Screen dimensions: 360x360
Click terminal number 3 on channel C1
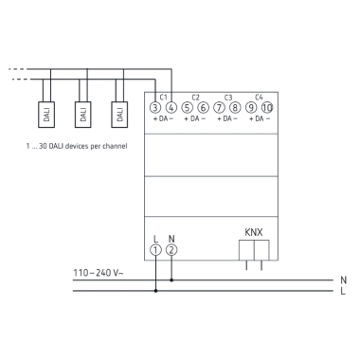click(x=155, y=107)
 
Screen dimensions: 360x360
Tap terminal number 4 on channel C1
click(x=171, y=107)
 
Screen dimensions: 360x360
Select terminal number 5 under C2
click(x=188, y=107)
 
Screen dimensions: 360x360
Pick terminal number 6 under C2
click(x=203, y=107)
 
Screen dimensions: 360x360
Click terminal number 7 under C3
click(x=220, y=107)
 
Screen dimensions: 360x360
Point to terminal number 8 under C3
click(x=235, y=107)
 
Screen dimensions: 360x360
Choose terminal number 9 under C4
click(x=251, y=107)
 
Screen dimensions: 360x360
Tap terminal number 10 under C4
click(x=267, y=107)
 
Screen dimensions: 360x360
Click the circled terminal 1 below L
click(x=155, y=250)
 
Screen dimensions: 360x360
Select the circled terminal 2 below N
click(x=171, y=250)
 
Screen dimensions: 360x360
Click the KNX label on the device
click(x=254, y=230)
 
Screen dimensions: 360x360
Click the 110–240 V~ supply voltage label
click(x=99, y=273)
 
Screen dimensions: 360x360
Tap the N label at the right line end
click(x=343, y=280)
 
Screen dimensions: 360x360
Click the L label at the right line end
click(x=343, y=292)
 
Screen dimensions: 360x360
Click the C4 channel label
click(x=259, y=97)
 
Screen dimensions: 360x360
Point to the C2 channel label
click(x=195, y=97)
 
